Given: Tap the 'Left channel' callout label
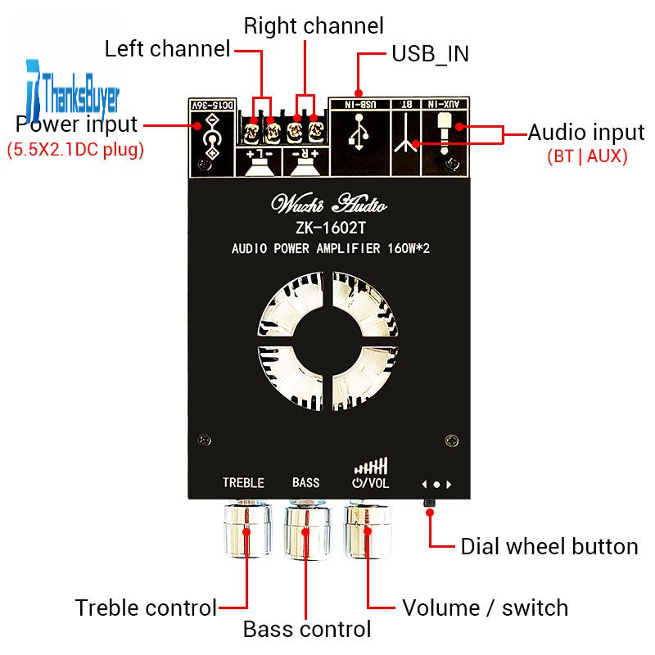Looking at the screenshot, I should point(167,49).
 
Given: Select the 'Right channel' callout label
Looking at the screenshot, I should point(314,25).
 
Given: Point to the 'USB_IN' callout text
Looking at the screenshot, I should point(430,54).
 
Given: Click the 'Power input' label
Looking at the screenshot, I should point(77,124).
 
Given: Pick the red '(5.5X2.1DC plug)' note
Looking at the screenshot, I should point(75,150).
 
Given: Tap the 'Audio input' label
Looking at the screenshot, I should point(586,132).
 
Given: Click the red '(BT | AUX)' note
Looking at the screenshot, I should point(587,156).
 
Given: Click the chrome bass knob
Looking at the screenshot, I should point(306,531).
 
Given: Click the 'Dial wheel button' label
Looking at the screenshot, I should point(549,546).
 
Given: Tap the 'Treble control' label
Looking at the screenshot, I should point(146,608).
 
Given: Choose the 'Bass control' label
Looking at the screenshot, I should point(307,630).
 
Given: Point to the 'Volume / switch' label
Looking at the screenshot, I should point(485,608).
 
